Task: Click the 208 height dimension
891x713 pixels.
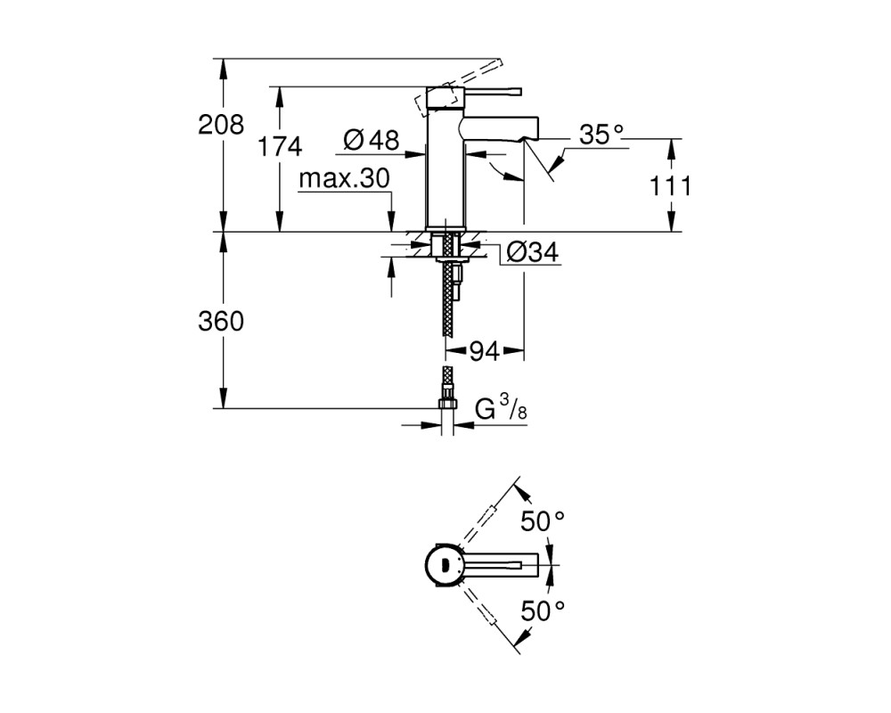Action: pos(221,124)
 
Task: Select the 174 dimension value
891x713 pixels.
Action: pos(280,147)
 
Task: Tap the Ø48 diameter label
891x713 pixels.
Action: pos(372,140)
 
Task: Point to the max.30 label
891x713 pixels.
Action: pos(344,179)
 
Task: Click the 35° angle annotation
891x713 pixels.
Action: pos(601,135)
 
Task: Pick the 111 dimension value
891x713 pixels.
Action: pos(671,186)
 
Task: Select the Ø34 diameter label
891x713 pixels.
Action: pos(532,251)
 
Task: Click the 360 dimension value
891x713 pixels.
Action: pos(221,321)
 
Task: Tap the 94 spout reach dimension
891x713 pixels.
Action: pos(484,352)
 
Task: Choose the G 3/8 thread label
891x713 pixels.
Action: pos(501,408)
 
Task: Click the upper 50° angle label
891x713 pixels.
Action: pos(543,521)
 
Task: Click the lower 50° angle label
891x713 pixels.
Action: pos(543,611)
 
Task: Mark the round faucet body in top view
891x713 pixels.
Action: pos(445,564)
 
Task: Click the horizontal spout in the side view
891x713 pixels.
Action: pos(501,128)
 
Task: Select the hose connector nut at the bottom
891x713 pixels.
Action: pos(448,403)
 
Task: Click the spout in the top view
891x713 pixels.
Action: pos(501,564)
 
